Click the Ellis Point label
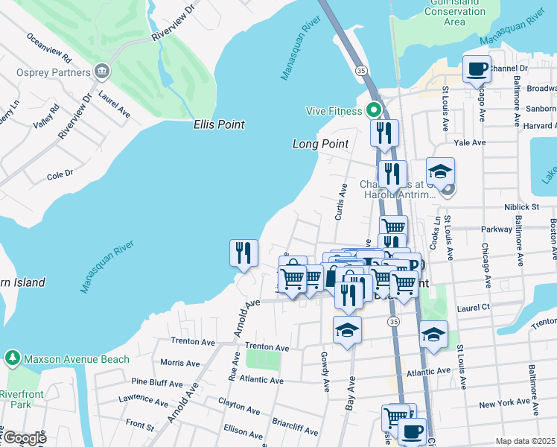coord(218,124)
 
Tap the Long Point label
coord(320,144)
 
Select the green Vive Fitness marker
coord(375,111)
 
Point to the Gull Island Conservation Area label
coord(454,12)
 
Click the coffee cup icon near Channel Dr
coord(477,70)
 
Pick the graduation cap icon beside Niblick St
coord(440,171)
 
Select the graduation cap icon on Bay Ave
coord(347,329)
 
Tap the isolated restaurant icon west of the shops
coord(244,253)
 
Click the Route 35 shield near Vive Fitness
coord(361,70)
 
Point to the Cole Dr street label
coord(59,176)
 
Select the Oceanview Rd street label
coord(48,47)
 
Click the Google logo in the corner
coord(25,438)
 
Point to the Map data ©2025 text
coord(525,441)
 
